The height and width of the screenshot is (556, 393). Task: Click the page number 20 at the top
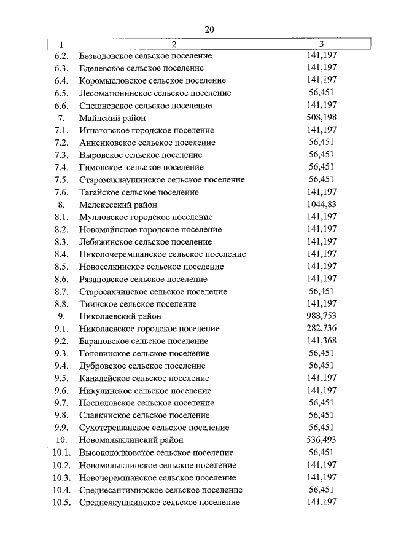tap(210, 29)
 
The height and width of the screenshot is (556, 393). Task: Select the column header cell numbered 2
tap(174, 44)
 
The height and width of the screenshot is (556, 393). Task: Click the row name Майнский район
tap(112, 118)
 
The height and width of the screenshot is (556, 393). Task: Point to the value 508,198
tap(321, 118)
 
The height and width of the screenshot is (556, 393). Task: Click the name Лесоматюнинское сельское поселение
tap(155, 93)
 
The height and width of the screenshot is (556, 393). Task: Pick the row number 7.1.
tap(60, 130)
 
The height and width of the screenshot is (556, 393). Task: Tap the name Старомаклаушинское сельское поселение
tap(161, 180)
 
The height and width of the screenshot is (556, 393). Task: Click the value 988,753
tap(321, 316)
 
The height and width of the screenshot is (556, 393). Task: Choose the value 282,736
tap(321, 329)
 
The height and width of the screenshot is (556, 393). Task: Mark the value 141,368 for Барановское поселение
tap(321, 341)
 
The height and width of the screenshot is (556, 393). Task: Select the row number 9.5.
tap(60, 378)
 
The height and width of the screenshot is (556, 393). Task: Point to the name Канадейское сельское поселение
tap(144, 378)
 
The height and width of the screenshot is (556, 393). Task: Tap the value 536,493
tap(321, 440)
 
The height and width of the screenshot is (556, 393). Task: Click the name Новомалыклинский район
tap(131, 440)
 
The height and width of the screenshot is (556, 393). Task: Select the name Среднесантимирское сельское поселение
tap(161, 490)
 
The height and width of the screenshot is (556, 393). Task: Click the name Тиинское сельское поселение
tap(138, 304)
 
